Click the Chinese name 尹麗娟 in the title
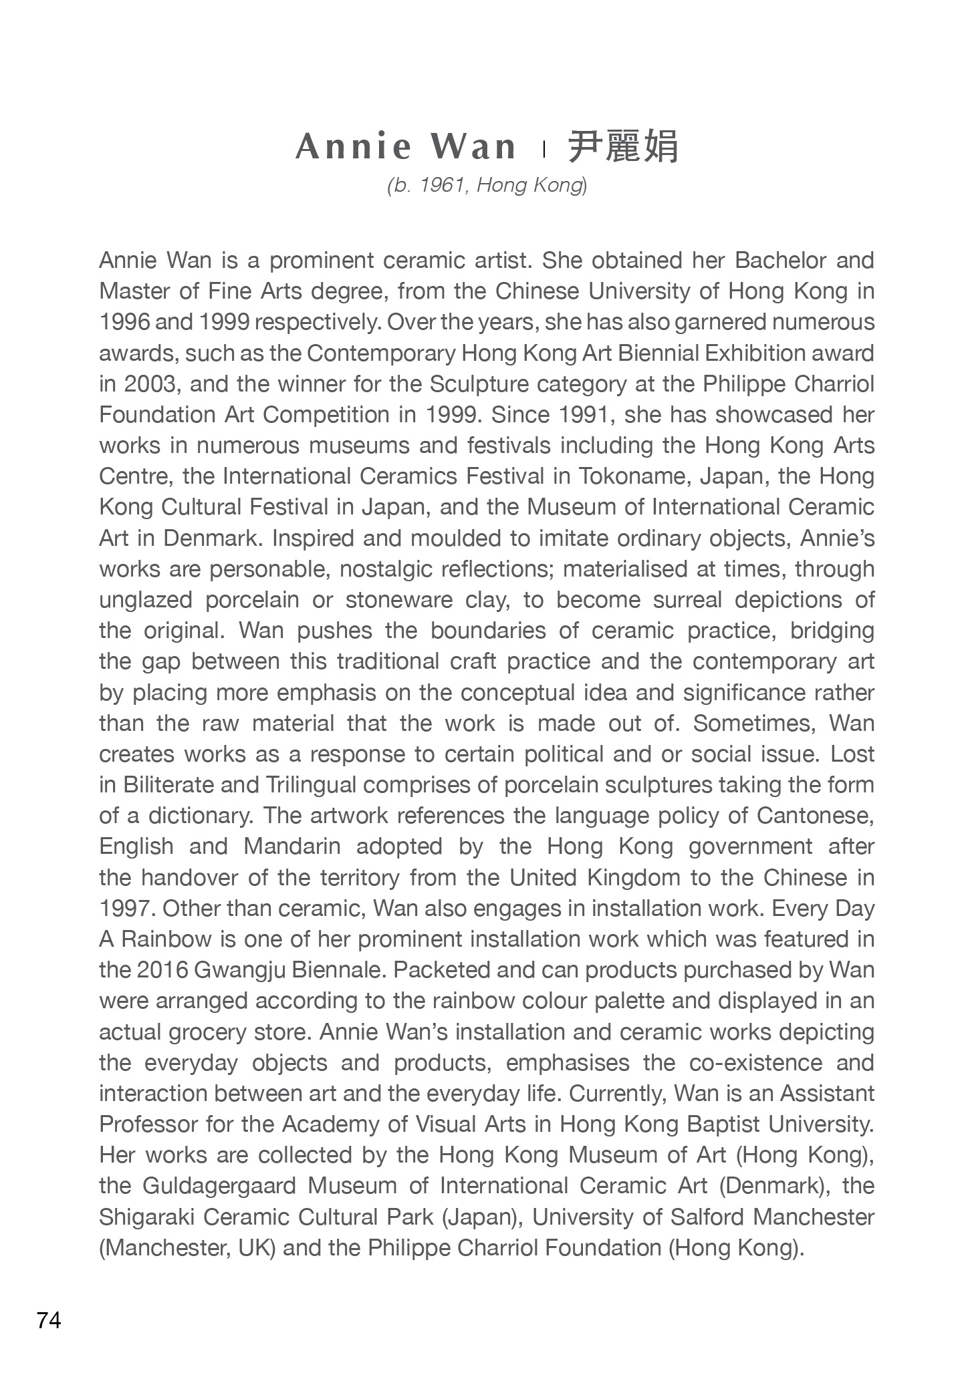pos(623,147)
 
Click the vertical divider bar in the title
pos(544,149)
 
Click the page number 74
pos(49,1320)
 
